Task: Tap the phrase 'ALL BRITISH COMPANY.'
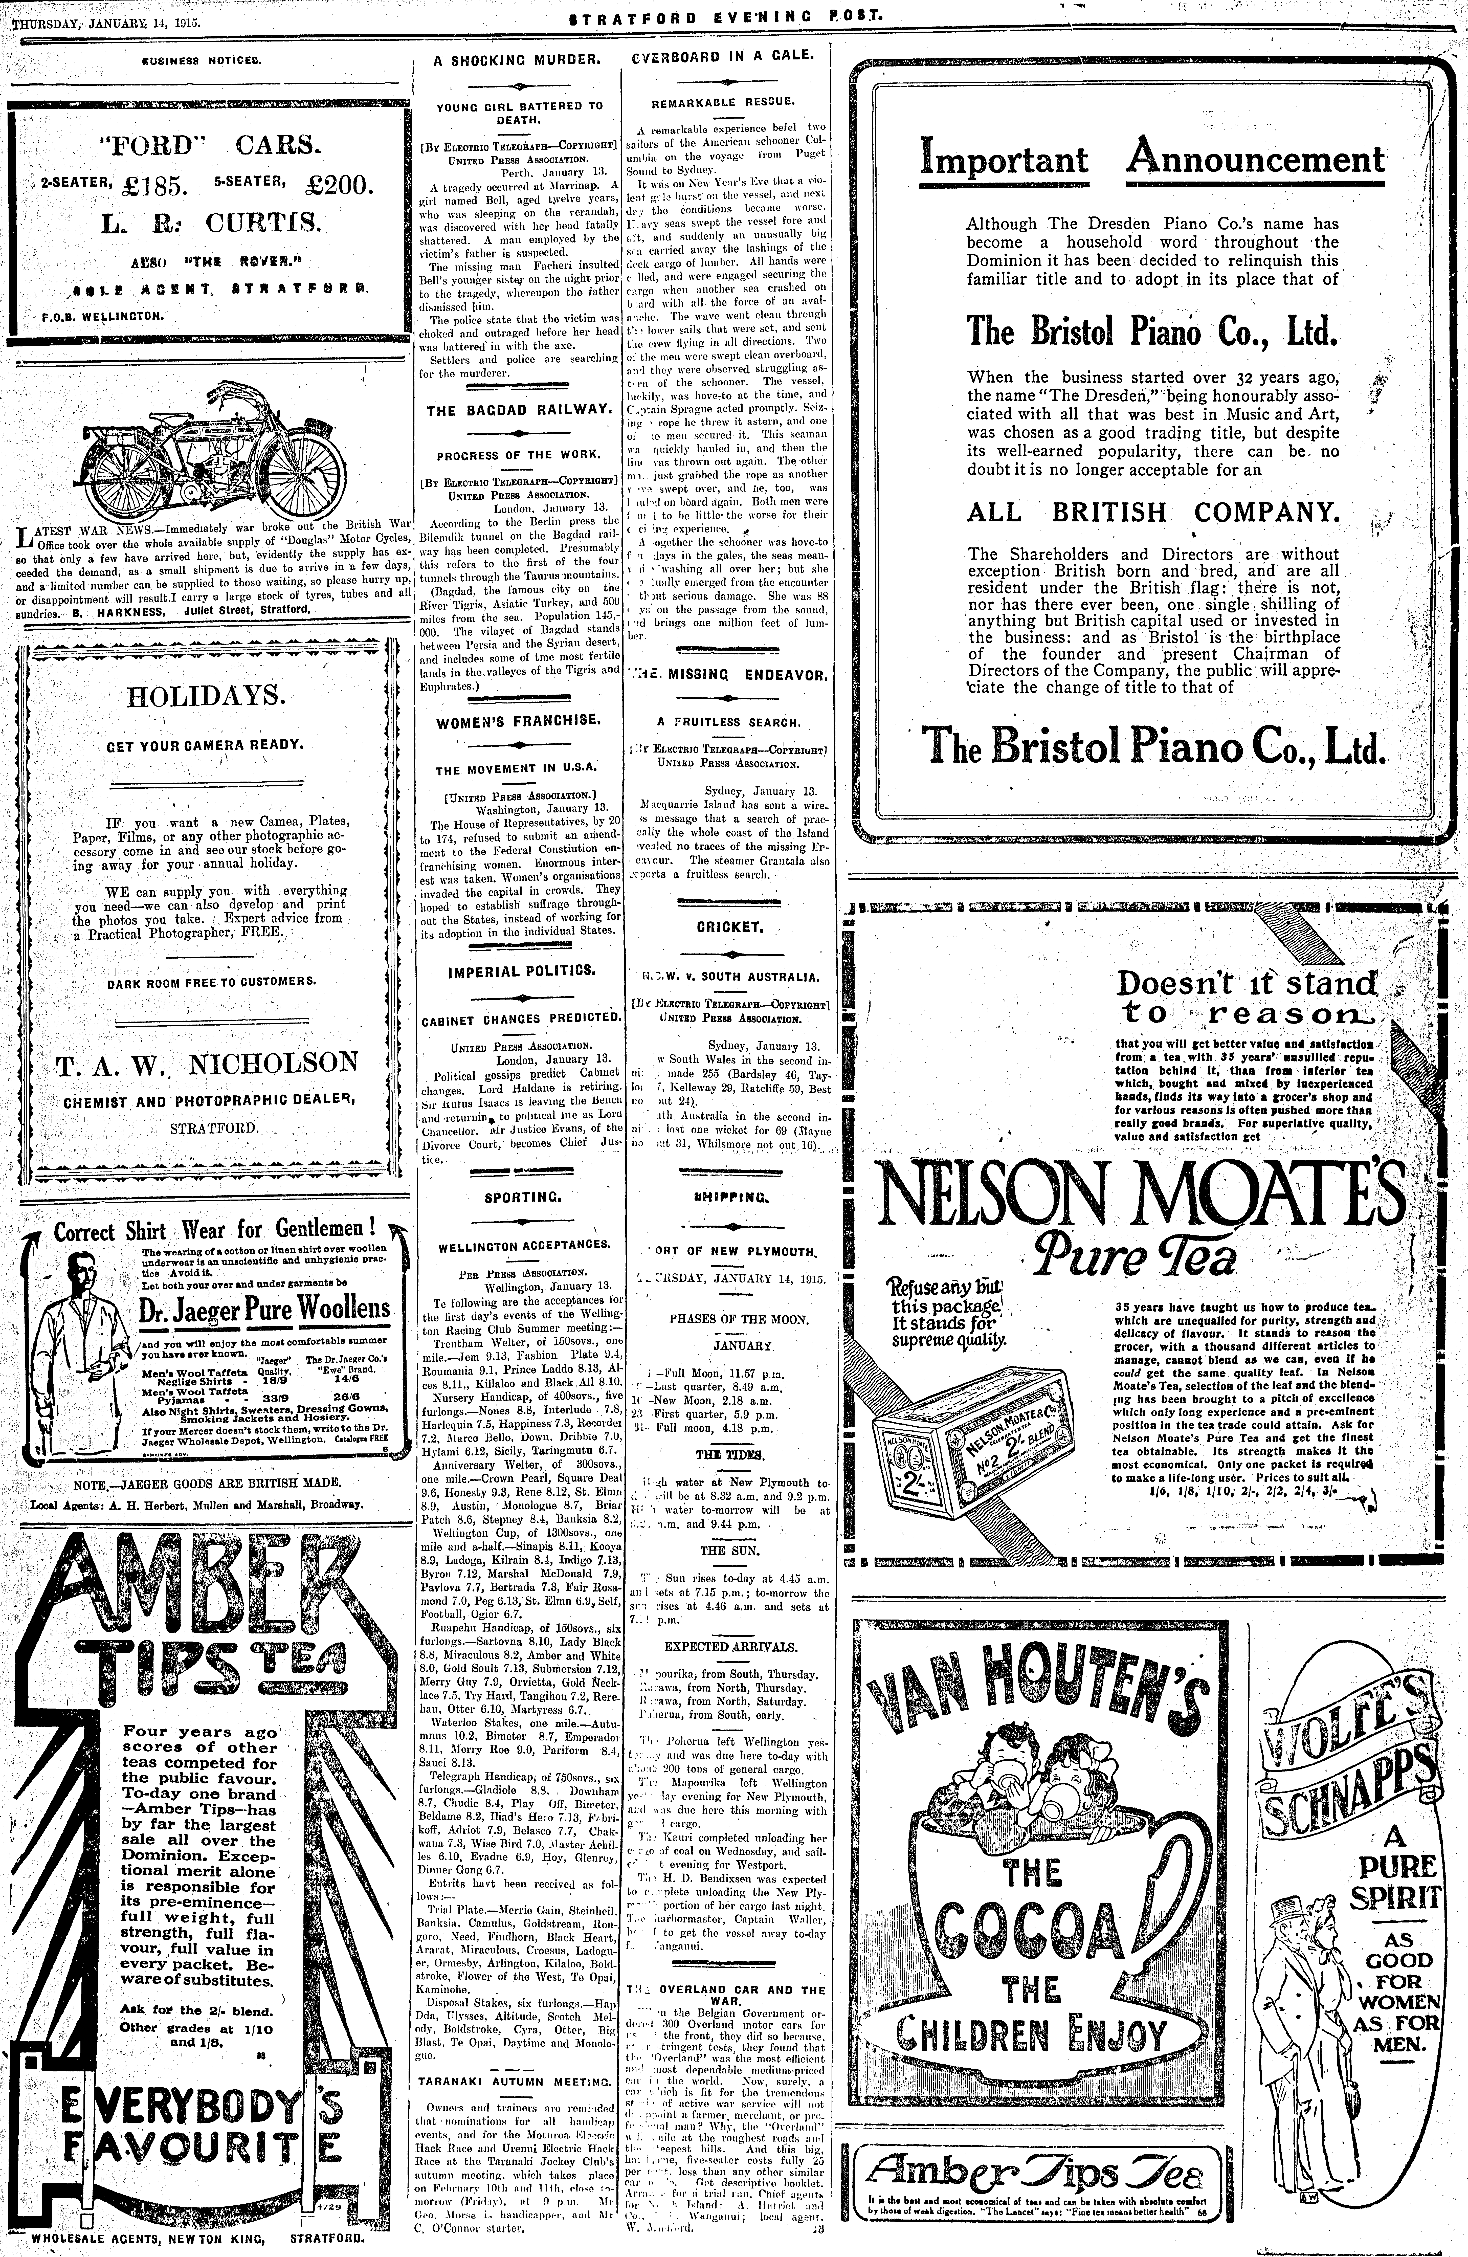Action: click(x=1153, y=512)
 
